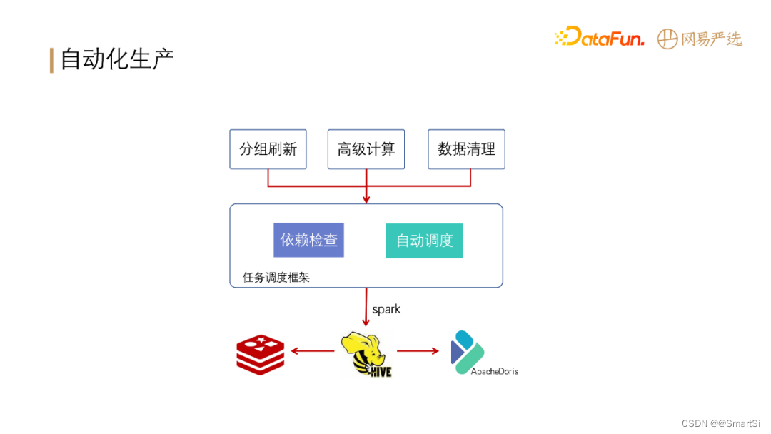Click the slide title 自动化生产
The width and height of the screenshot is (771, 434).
(x=117, y=59)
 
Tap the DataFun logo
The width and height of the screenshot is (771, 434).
(x=600, y=37)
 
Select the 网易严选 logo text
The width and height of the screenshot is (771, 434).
(x=711, y=39)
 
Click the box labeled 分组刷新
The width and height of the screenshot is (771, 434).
(x=268, y=149)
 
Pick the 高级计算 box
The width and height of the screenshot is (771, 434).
(x=366, y=149)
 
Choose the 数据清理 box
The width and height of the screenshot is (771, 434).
(x=466, y=149)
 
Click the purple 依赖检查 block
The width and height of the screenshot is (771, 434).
(x=308, y=240)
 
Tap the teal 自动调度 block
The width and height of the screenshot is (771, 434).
(x=424, y=241)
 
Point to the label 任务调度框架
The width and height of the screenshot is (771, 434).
(x=276, y=277)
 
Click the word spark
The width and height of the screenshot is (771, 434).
(x=386, y=309)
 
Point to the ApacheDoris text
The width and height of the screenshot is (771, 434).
(x=494, y=372)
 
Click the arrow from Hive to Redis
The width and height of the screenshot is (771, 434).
(x=313, y=350)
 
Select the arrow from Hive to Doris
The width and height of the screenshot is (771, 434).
(x=418, y=350)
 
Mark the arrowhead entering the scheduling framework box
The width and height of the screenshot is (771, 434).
(x=366, y=199)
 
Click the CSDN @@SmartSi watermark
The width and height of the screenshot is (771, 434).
(x=721, y=423)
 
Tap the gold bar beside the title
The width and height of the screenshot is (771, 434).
(x=51, y=60)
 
